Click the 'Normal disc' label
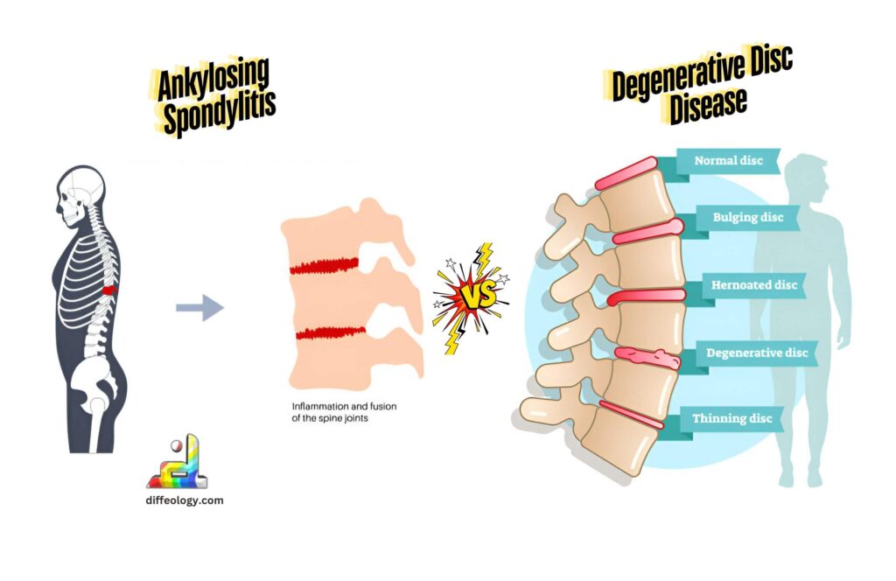click(x=728, y=161)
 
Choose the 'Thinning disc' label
click(x=732, y=418)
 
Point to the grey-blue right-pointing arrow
click(x=199, y=308)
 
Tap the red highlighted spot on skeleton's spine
click(x=108, y=290)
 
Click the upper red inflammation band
click(x=324, y=263)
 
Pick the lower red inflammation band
click(x=330, y=333)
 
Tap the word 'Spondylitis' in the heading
click(x=220, y=113)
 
